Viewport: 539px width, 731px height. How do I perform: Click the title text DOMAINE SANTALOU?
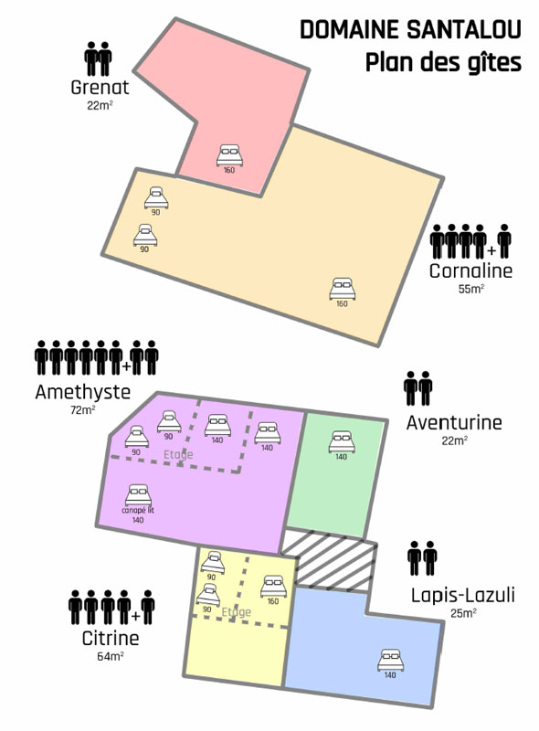tap(410, 30)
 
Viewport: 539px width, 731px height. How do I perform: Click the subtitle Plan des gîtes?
tap(443, 62)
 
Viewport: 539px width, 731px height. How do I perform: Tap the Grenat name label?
tap(100, 87)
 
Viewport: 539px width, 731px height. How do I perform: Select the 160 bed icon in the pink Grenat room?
tap(229, 155)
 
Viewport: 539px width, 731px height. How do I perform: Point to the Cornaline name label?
tap(470, 270)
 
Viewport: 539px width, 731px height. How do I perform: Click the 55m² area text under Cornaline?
tap(470, 289)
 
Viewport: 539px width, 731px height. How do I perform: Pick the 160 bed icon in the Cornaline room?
tap(343, 289)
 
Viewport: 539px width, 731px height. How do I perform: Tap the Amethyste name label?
tap(83, 392)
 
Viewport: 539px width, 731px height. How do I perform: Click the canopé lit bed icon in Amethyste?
tap(138, 495)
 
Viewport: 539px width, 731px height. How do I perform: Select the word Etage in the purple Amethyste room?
tap(178, 454)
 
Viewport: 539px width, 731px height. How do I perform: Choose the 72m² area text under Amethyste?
tap(82, 410)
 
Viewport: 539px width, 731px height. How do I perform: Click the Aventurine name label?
tap(454, 423)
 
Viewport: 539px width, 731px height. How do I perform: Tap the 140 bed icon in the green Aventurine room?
tap(342, 441)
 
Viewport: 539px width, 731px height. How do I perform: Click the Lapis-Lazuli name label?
tap(463, 596)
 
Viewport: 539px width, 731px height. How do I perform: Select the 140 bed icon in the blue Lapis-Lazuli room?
tap(391, 660)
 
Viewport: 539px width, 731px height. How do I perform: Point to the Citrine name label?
tap(111, 638)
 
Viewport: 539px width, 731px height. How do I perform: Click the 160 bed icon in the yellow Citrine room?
tap(274, 586)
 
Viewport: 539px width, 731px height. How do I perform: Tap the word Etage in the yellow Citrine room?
tap(236, 611)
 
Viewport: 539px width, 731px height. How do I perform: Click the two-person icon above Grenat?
tap(98, 58)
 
